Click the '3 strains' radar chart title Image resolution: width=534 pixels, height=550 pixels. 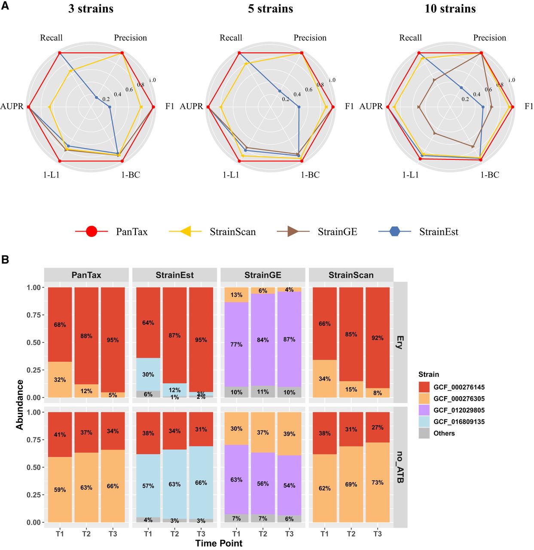[x=91, y=9]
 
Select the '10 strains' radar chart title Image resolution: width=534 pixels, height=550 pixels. [x=450, y=9]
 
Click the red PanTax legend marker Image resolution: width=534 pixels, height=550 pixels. [x=92, y=232]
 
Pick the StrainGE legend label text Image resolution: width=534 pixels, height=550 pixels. [x=337, y=232]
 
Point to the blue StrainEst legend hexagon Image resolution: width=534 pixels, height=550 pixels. [x=394, y=232]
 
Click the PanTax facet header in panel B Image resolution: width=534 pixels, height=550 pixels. [x=86, y=275]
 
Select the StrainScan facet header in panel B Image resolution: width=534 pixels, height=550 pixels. [x=351, y=275]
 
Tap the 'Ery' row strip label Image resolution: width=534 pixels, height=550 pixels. [x=400, y=342]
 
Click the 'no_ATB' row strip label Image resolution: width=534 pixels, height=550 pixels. [x=400, y=467]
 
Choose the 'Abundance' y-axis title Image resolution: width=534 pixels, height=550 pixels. [x=20, y=404]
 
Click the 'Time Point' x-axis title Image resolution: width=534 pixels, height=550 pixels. [x=219, y=543]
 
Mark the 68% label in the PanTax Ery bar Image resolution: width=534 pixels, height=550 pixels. [x=60, y=325]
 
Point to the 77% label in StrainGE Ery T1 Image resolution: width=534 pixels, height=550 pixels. [x=236, y=345]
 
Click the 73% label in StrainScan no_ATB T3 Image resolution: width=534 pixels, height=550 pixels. [x=378, y=483]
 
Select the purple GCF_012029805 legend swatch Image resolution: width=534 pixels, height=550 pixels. [x=424, y=410]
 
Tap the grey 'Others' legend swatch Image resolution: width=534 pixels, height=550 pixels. [x=424, y=433]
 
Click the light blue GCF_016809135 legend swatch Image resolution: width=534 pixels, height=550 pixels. [x=424, y=422]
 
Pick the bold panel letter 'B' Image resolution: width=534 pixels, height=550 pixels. [x=5, y=260]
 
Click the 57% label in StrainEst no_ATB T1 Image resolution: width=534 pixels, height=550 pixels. [x=148, y=486]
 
